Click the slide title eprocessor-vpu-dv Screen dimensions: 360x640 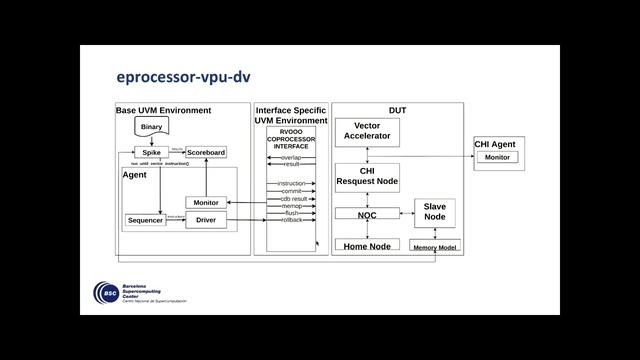pos(182,78)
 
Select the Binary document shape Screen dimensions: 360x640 pos(151,128)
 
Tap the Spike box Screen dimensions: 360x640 pos(151,152)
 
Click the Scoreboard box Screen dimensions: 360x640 pos(206,152)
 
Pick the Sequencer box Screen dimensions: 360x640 pos(146,220)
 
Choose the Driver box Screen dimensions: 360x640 pos(206,220)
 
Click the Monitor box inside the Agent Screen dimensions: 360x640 pos(206,202)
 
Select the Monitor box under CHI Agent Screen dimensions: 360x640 pos(497,158)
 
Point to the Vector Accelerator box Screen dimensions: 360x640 pos(367,131)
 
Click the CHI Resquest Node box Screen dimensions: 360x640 pos(367,177)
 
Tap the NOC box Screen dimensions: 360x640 pos(366,214)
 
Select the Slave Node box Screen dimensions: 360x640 pos(434,212)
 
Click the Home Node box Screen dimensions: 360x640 pos(366,245)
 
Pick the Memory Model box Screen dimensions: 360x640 pos(434,246)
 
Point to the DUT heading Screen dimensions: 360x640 pos(397,109)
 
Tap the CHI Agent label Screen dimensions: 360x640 pos(495,144)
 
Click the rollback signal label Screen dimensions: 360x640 pos(291,219)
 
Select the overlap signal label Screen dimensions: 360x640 pos(291,157)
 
